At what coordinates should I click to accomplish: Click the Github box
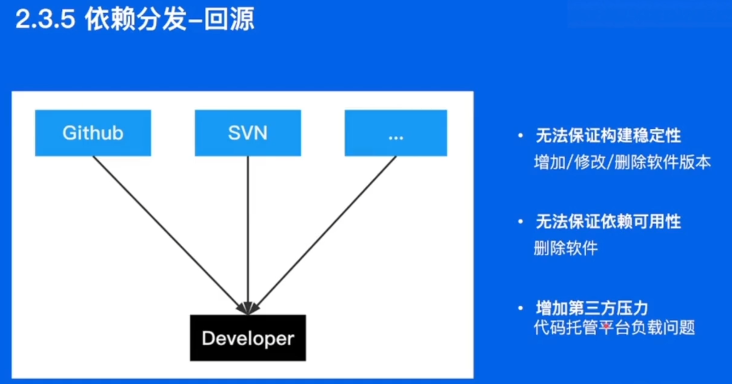click(x=93, y=133)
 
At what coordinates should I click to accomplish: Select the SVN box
click(x=248, y=133)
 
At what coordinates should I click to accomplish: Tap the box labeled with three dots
click(x=396, y=133)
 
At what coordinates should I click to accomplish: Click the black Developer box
click(x=248, y=338)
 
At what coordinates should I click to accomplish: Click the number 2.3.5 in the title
click(x=45, y=19)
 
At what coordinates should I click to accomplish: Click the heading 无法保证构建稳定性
click(x=608, y=136)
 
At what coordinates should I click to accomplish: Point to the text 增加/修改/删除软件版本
click(x=622, y=162)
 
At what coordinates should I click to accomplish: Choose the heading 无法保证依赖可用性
click(x=608, y=221)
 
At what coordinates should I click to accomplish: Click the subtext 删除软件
click(x=566, y=248)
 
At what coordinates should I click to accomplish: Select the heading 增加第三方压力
click(x=592, y=308)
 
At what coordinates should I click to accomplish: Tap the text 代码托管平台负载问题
click(x=614, y=328)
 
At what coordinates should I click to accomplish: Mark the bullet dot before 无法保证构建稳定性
click(x=520, y=136)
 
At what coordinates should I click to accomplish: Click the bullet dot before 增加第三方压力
click(x=520, y=308)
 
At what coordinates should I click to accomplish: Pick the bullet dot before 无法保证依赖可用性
click(x=520, y=221)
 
